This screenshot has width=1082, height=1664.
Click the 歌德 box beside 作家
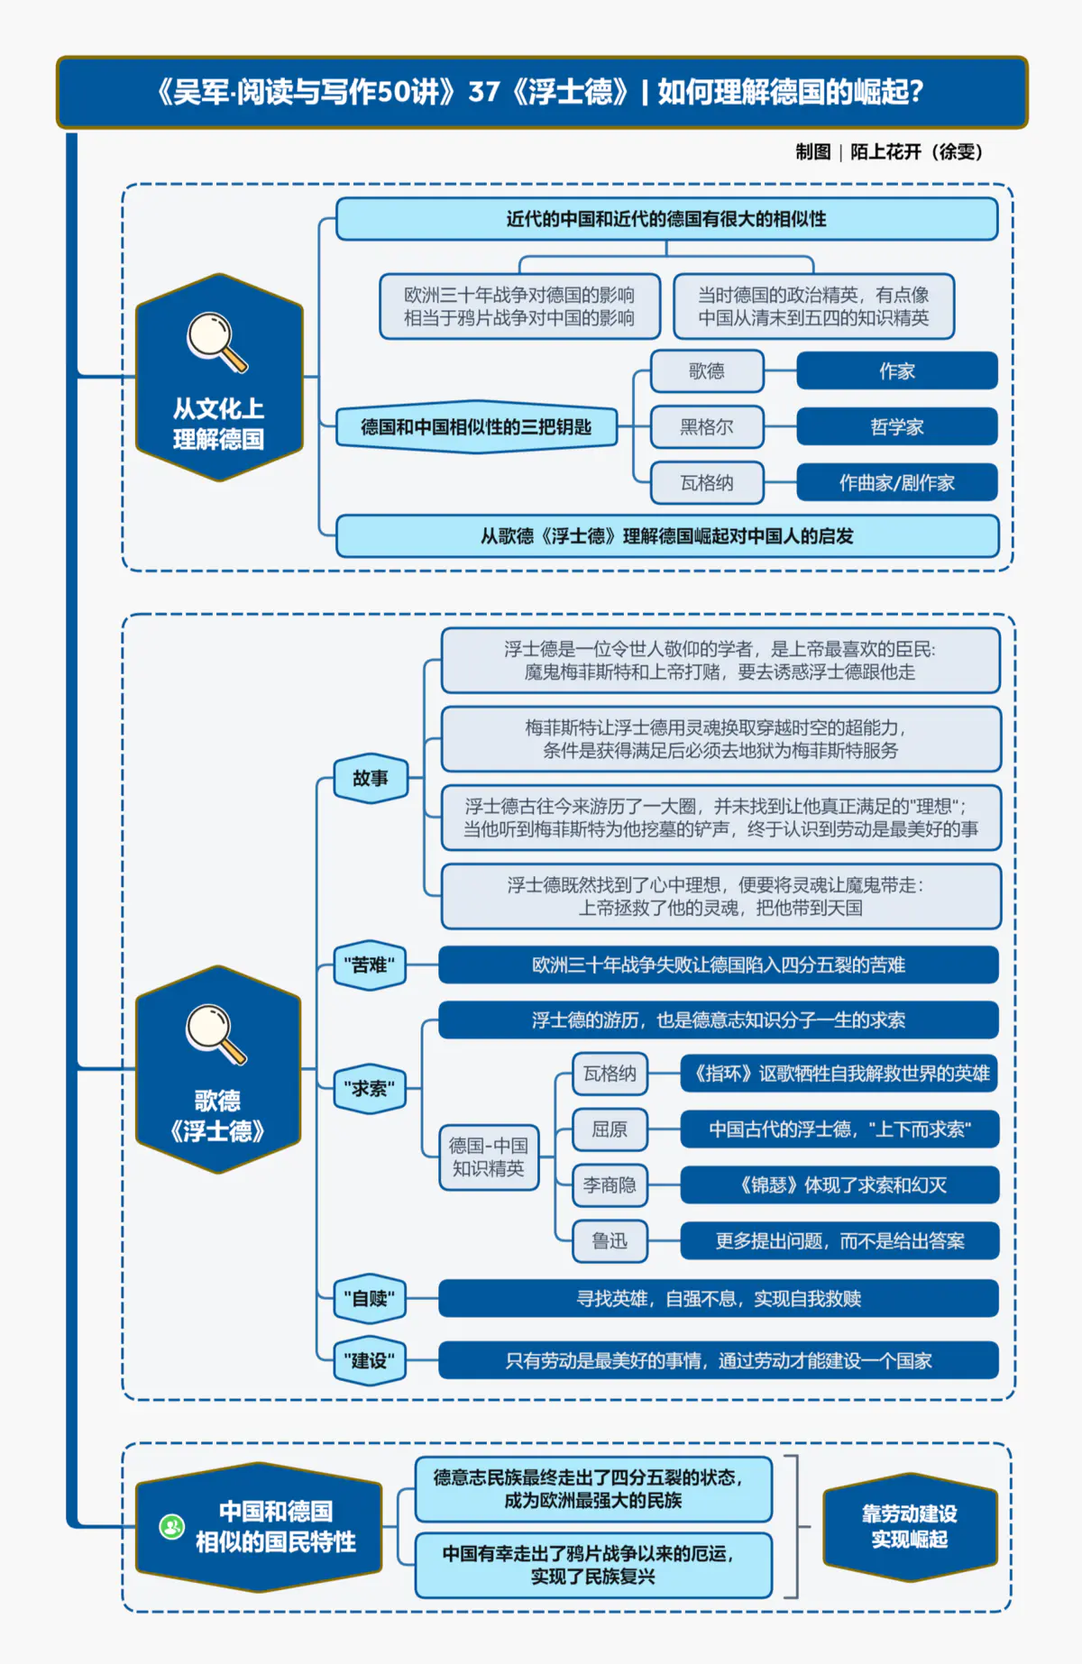pyautogui.click(x=707, y=371)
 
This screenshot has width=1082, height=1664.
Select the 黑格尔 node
pyautogui.click(x=707, y=427)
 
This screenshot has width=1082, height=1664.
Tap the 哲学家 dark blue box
pyautogui.click(x=896, y=427)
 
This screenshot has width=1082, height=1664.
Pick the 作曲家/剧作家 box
pyautogui.click(x=896, y=483)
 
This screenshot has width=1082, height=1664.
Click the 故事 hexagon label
pyautogui.click(x=371, y=778)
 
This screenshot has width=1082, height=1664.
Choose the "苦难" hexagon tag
pyautogui.click(x=370, y=965)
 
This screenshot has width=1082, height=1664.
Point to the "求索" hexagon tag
pyautogui.click(x=370, y=1089)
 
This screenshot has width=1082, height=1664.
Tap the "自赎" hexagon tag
pyautogui.click(x=370, y=1299)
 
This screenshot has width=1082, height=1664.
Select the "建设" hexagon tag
pyautogui.click(x=370, y=1360)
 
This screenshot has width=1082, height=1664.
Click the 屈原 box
pyautogui.click(x=610, y=1129)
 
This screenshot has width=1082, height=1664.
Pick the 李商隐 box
pyautogui.click(x=610, y=1185)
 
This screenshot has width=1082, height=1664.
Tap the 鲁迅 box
pyautogui.click(x=610, y=1241)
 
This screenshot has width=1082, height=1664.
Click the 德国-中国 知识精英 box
pyautogui.click(x=489, y=1157)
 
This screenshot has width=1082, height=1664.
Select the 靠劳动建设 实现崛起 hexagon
pyautogui.click(x=909, y=1526)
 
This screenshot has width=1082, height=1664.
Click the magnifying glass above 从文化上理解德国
pyautogui.click(x=215, y=342)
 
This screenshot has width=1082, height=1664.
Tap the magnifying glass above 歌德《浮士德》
pyautogui.click(x=215, y=1034)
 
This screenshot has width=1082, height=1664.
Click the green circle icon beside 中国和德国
pyautogui.click(x=171, y=1527)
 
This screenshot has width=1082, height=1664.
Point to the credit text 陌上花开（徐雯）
pyautogui.click(x=916, y=152)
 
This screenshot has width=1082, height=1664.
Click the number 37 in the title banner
pyautogui.click(x=484, y=92)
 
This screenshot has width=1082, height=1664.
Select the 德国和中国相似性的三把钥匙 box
pyautogui.click(x=476, y=427)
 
